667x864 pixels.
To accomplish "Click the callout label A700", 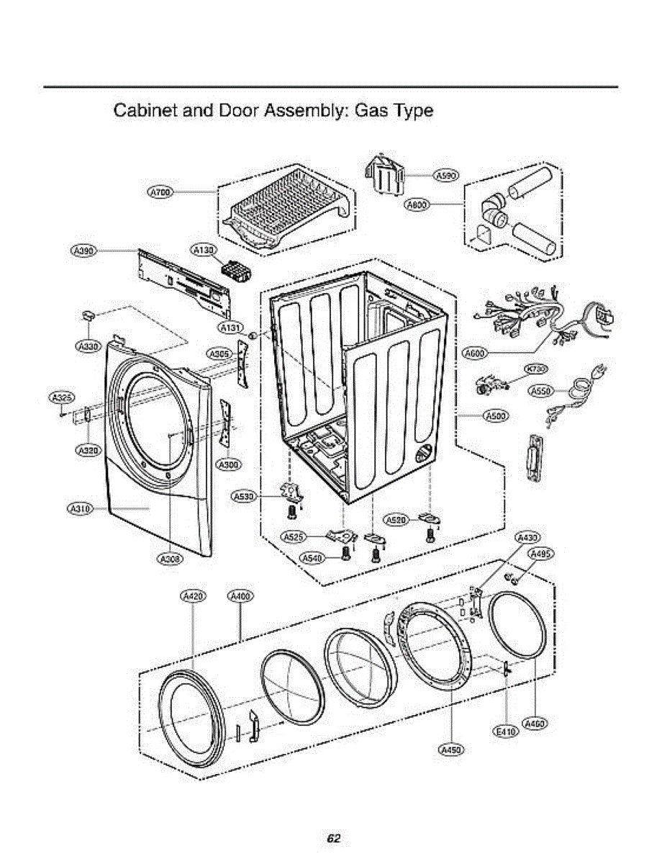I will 160,192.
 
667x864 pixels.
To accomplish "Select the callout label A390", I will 83,250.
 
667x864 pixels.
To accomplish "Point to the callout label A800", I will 417,204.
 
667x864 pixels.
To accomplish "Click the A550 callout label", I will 540,391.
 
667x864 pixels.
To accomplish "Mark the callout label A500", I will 495,415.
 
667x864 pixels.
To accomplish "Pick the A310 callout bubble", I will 79,509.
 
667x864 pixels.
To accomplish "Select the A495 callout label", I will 540,553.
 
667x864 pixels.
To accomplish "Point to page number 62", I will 333,838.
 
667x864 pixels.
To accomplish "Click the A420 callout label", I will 193,595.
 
